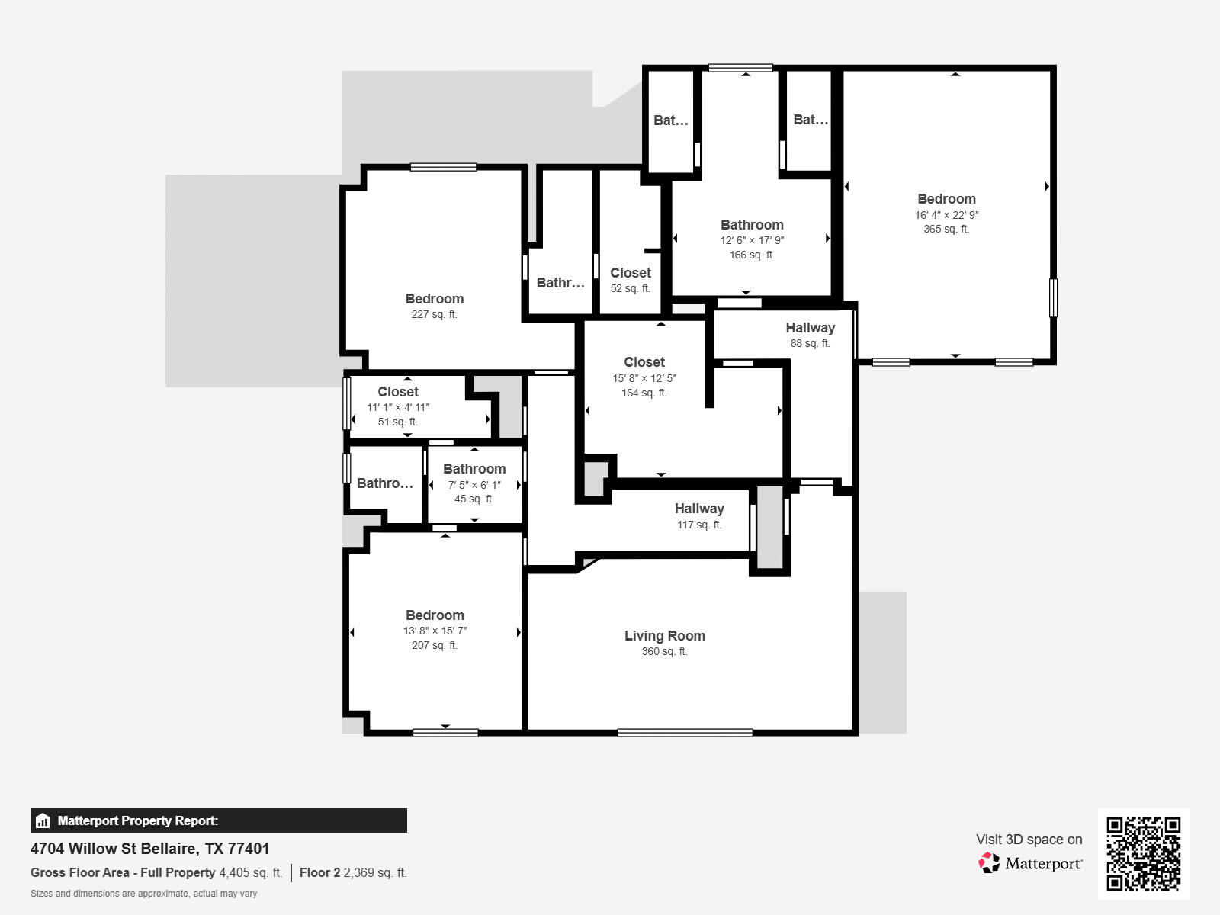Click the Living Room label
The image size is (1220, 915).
(x=664, y=636)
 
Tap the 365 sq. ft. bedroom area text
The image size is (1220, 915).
(x=946, y=229)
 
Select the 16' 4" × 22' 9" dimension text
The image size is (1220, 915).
(x=946, y=215)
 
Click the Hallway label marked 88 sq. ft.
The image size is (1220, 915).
(x=810, y=328)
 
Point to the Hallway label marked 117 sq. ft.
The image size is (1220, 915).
(x=699, y=509)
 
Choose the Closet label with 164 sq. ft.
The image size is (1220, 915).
(x=644, y=362)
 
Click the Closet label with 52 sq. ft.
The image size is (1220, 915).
(x=631, y=273)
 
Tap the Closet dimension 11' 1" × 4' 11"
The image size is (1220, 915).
(x=398, y=407)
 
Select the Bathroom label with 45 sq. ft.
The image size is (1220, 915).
(x=474, y=469)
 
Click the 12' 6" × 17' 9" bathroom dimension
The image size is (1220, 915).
(x=752, y=240)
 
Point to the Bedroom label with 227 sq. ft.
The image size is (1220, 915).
(x=435, y=299)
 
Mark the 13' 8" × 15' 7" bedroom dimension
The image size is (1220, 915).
(x=435, y=631)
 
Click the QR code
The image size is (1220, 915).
(x=1143, y=853)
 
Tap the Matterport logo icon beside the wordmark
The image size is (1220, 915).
(x=989, y=863)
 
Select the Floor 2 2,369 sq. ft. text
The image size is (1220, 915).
(x=353, y=872)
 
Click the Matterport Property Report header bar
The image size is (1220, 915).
(x=219, y=820)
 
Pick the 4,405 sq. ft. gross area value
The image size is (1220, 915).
(x=250, y=872)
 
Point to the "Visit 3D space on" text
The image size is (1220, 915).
(x=1029, y=840)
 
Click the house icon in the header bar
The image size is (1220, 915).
(x=43, y=821)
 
